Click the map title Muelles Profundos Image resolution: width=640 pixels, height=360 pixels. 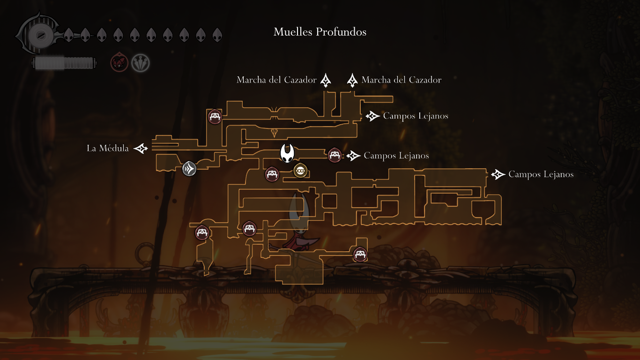coord(320,32)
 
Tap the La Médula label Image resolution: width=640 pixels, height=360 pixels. coord(107,148)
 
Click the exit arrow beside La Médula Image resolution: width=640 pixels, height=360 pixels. coord(141,149)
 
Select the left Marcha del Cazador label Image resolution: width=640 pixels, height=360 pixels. coord(276,80)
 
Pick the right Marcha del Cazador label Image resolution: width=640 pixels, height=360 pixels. coord(402,80)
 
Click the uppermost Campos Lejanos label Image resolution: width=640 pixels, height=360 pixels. coord(416,116)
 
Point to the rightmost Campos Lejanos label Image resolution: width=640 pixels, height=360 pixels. coord(541,174)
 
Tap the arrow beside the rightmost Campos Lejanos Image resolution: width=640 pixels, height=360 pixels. coord(498,174)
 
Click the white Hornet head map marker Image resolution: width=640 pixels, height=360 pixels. coord(287,153)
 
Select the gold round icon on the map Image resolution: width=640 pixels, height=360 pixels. coord(300,171)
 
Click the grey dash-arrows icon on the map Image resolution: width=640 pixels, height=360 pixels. coord(189,168)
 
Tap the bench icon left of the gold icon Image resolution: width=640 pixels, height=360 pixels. coord(272,174)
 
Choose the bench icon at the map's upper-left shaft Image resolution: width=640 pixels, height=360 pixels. coord(215,116)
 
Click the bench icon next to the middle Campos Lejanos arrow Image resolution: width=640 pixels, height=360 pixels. coord(335,155)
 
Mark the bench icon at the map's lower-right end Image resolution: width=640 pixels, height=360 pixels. coord(360,254)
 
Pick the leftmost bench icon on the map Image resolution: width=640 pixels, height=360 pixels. coord(202,232)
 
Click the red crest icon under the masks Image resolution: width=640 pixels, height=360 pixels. coord(119,62)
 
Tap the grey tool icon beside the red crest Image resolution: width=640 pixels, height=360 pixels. coord(140,63)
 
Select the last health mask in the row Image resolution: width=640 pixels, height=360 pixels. coord(217,35)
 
